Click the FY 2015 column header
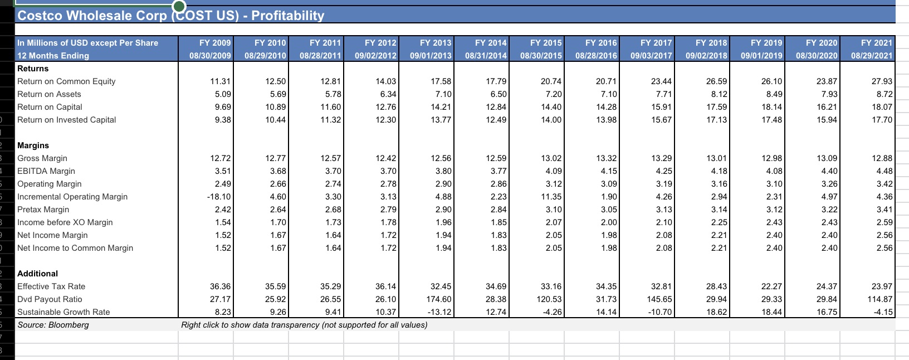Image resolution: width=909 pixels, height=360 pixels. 546,43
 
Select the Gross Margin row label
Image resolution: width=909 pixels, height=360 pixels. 42,158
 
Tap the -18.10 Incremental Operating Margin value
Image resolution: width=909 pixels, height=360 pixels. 219,197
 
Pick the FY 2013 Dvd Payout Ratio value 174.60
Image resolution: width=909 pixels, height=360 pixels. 441,299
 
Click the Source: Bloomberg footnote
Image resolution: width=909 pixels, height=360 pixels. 53,325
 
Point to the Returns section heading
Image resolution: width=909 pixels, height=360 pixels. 33,69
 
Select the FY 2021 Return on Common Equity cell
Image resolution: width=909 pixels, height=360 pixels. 882,81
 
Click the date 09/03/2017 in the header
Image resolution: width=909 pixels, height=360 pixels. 651,56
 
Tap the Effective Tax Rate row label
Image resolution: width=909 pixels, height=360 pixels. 51,286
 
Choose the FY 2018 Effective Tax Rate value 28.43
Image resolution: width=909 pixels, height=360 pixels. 716,286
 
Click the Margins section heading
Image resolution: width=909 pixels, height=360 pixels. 33,145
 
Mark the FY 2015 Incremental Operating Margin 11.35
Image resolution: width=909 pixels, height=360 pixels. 551,197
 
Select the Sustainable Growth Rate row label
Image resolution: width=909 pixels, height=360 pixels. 63,312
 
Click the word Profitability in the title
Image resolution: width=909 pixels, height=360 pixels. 287,16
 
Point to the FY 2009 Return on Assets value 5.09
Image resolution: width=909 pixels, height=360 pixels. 223,94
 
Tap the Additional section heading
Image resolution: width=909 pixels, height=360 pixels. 37,274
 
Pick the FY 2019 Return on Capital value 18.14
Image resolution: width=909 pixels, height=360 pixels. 771,107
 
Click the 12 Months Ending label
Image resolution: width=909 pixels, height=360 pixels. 53,56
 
